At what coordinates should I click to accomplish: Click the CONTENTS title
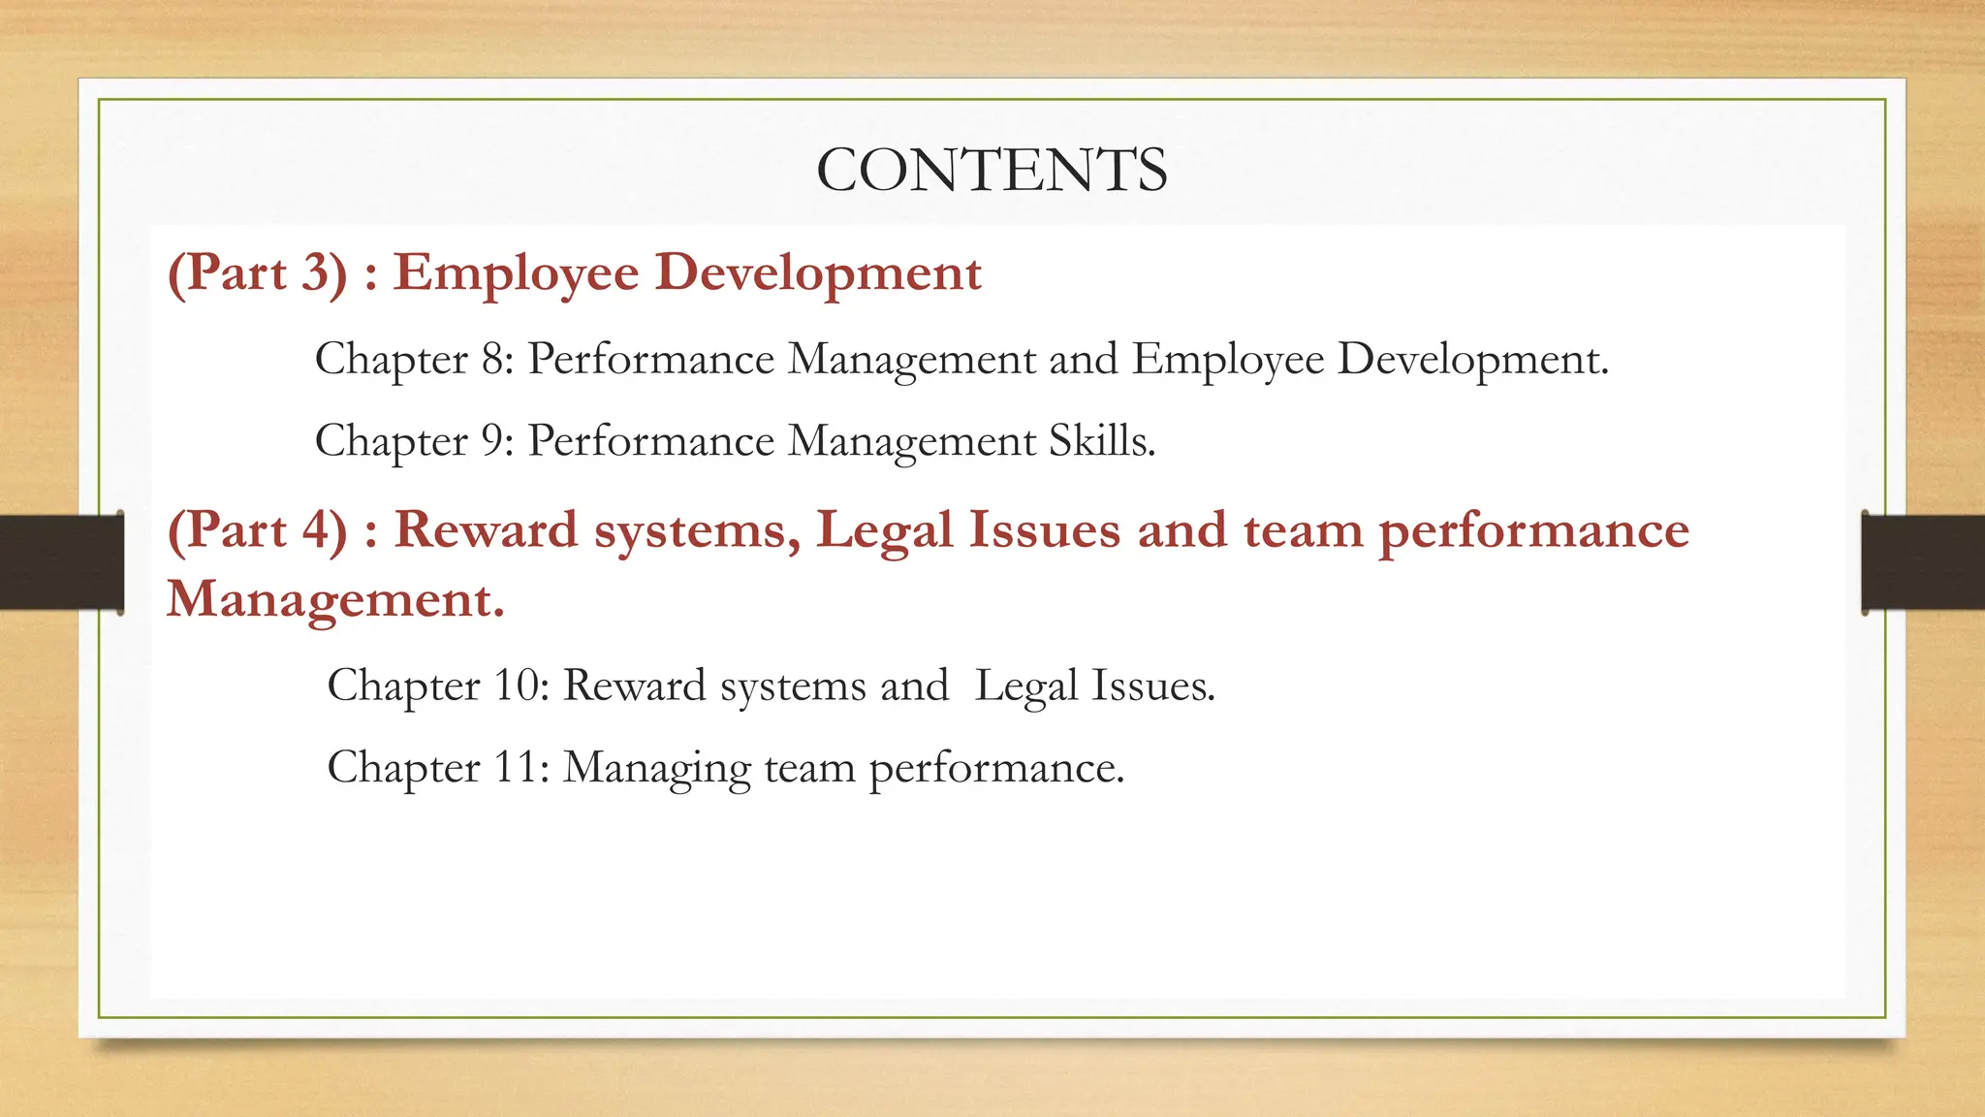pyautogui.click(x=992, y=171)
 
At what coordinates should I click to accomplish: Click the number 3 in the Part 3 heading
pyautogui.click(x=317, y=272)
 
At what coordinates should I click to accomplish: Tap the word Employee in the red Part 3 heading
pyautogui.click(x=516, y=274)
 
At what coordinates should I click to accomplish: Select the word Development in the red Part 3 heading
pyautogui.click(x=818, y=274)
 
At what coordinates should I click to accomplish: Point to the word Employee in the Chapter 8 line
pyautogui.click(x=1228, y=361)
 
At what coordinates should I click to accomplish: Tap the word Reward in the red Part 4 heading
pyautogui.click(x=486, y=530)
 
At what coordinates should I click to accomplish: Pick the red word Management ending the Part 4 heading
pyautogui.click(x=334, y=599)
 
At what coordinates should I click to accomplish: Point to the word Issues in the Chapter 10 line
pyautogui.click(x=1151, y=686)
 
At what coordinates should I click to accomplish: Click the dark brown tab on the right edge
pyautogui.click(x=1923, y=562)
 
